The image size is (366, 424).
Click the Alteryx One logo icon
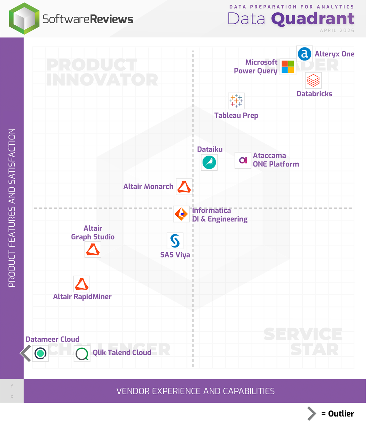pyautogui.click(x=304, y=54)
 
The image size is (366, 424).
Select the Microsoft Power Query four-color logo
pyautogui.click(x=288, y=67)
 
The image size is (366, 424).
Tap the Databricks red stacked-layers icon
pyautogui.click(x=313, y=80)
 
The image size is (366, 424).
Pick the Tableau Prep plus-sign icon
pyautogui.click(x=236, y=101)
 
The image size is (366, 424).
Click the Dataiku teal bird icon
pyautogui.click(x=209, y=162)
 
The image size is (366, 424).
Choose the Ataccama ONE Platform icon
pyautogui.click(x=243, y=160)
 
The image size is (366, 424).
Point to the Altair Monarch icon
pyautogui.click(x=184, y=187)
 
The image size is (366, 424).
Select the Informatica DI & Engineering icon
pyautogui.click(x=181, y=214)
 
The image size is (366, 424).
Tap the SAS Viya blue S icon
pyautogui.click(x=175, y=241)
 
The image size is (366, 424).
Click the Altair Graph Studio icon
pyautogui.click(x=93, y=250)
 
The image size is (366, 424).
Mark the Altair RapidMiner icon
pyautogui.click(x=82, y=284)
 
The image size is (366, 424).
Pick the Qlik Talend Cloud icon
pyautogui.click(x=82, y=354)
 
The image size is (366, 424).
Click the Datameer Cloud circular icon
pyautogui.click(x=40, y=353)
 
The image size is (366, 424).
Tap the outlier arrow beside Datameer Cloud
pyautogui.click(x=26, y=353)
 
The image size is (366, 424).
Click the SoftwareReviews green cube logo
pyautogui.click(x=24, y=19)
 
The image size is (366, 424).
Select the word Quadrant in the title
pyautogui.click(x=313, y=19)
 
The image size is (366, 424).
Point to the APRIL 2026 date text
pyautogui.click(x=337, y=30)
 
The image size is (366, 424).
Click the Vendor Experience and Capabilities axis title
pyautogui.click(x=195, y=391)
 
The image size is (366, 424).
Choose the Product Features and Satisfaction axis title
pyautogui.click(x=12, y=208)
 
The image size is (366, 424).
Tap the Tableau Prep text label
pyautogui.click(x=236, y=116)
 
